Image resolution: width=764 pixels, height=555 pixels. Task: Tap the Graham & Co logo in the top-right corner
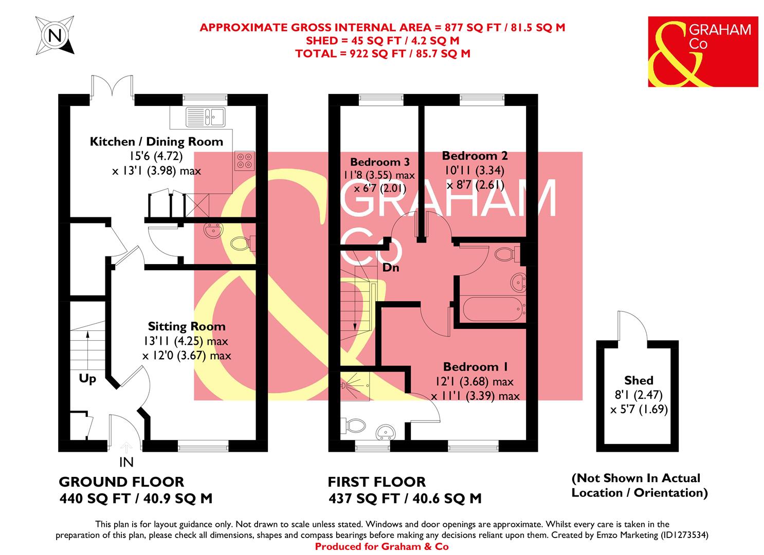coord(703,51)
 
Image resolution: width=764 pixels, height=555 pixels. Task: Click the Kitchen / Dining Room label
coord(156,141)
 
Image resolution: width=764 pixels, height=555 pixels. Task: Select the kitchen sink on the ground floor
coord(206,117)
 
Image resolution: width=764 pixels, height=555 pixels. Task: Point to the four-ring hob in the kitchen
coord(243,160)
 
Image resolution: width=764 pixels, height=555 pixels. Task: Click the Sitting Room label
coord(187,326)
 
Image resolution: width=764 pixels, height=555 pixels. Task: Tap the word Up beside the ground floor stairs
coord(87,379)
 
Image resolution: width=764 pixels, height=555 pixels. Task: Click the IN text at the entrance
coord(126,462)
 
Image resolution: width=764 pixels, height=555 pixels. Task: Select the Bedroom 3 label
coord(379,162)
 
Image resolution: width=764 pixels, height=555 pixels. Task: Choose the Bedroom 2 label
coord(470,155)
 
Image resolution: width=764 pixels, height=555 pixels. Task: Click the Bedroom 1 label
coord(476,367)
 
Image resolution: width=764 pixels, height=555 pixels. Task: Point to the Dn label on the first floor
coord(391,268)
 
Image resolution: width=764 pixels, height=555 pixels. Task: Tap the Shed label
coord(639,381)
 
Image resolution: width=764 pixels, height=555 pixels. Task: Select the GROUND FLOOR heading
coord(121,482)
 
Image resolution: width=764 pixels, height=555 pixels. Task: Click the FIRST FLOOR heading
coord(377,482)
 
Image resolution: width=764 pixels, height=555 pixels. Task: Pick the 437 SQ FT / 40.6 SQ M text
coord(405,498)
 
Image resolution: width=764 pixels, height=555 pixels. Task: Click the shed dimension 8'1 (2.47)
coord(638,395)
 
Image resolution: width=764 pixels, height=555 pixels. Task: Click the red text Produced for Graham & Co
coord(381,547)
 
